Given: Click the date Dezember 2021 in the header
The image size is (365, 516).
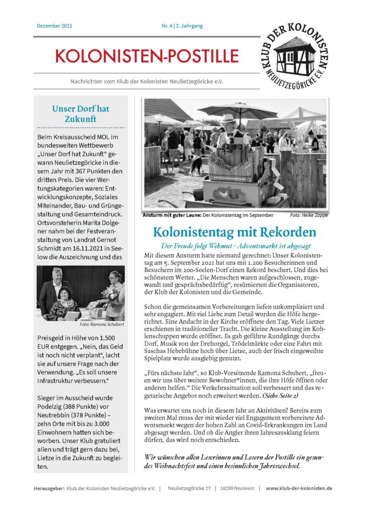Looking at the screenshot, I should pos(54,26).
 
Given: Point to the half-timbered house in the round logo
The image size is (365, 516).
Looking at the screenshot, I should pos(295,50).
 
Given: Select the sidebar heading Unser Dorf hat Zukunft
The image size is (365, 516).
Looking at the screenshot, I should pos(81,114).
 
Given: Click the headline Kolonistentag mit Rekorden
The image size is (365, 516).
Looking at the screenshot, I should pos(234,232).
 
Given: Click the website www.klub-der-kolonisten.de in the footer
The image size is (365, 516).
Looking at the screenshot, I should pos(299,488).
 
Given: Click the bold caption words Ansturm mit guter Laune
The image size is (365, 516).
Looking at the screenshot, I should pos(172,215).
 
